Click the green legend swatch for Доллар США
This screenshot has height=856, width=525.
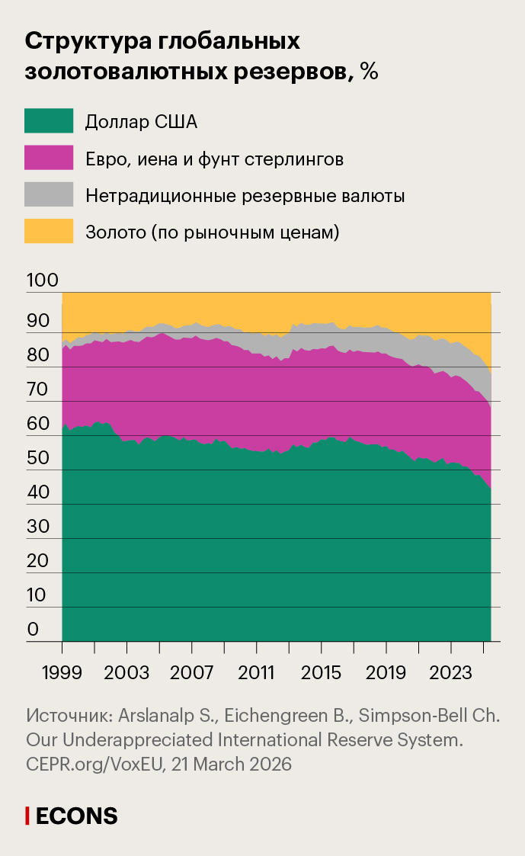(x=49, y=122)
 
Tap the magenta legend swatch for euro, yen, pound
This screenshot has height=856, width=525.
(x=49, y=159)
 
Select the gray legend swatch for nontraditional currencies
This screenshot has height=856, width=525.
(x=49, y=195)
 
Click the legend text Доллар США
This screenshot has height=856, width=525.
(x=141, y=122)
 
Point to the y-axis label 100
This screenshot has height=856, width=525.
(x=42, y=281)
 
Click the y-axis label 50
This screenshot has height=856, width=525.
(x=38, y=459)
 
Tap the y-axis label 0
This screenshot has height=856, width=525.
(x=33, y=630)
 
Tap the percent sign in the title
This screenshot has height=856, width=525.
(x=369, y=72)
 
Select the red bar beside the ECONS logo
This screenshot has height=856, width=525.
(x=27, y=816)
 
